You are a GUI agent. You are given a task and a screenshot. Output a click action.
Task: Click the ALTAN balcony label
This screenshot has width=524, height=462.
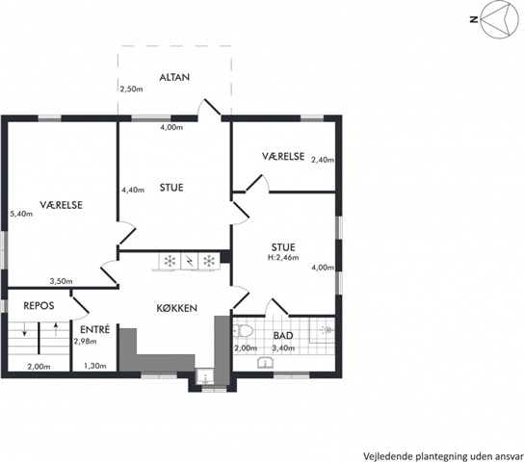point(174,77)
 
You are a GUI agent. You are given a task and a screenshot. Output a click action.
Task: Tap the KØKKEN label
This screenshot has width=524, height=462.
point(177,308)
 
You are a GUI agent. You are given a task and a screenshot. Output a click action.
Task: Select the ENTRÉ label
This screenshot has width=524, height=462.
point(95,329)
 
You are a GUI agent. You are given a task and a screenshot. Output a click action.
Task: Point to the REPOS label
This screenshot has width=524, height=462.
point(39,306)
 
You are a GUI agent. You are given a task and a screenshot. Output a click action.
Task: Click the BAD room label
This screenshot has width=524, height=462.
point(283,336)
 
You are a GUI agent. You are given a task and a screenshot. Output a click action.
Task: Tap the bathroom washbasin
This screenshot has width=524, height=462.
point(266,363)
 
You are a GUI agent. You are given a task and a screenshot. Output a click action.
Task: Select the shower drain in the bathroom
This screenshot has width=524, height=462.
point(328,330)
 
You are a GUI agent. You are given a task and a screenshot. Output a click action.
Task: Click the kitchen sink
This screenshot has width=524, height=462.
point(204,377)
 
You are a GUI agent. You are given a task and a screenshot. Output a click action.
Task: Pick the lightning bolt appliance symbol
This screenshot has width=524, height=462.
point(190,261)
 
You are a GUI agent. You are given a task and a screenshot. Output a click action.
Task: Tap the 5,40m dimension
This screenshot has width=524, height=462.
point(21,214)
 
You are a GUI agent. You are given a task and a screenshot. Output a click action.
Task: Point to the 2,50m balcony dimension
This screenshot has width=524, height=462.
point(131,90)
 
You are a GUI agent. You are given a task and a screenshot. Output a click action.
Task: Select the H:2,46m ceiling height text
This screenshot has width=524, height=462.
point(283,257)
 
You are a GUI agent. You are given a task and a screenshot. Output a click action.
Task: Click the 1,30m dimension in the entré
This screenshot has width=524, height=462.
point(95,366)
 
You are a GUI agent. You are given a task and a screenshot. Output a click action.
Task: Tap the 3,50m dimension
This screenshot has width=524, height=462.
point(61,281)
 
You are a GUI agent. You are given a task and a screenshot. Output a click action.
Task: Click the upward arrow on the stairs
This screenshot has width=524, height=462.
point(56,329)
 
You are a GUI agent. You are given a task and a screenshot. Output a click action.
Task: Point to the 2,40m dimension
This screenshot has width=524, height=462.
point(323,160)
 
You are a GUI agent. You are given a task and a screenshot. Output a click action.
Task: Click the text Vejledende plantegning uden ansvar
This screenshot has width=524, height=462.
point(443,456)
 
